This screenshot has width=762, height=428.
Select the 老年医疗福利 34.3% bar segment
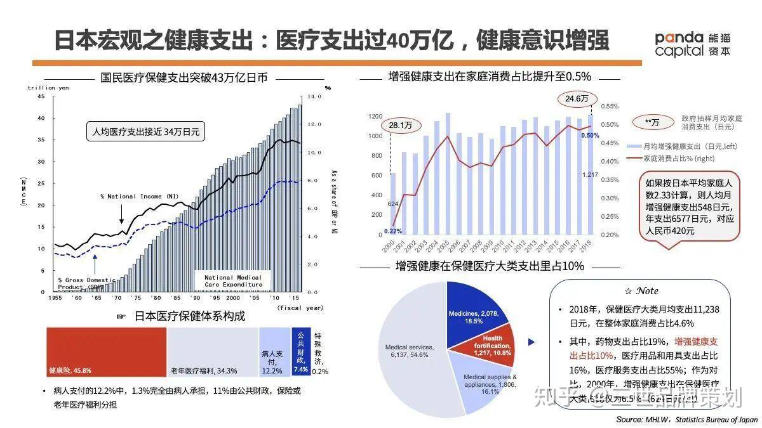click(212, 351)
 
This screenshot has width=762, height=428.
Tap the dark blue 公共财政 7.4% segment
click(300, 351)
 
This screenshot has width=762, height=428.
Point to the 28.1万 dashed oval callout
click(401, 126)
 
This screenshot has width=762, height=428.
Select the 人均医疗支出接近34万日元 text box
click(146, 133)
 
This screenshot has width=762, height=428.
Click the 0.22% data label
click(391, 231)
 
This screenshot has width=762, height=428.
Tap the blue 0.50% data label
click(590, 136)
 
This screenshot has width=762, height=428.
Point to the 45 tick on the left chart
click(41, 96)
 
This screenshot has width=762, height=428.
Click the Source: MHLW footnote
click(686, 419)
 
